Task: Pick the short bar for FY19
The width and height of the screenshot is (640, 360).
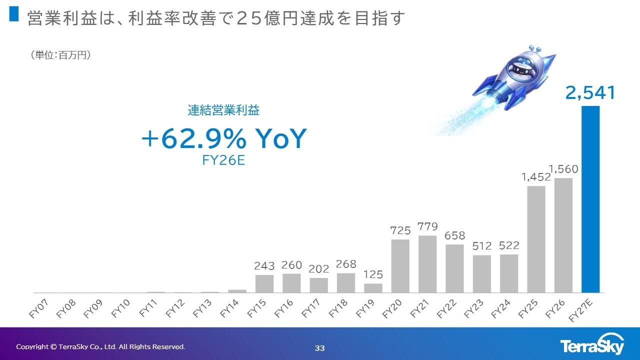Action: point(373,288)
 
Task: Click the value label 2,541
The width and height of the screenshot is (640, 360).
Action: point(590,93)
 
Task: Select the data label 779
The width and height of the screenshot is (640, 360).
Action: point(427,226)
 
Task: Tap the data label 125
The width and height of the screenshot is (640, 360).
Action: point(373,274)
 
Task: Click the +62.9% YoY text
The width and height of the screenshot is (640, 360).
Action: point(223,139)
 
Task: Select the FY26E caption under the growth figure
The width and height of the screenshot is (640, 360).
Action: point(223,161)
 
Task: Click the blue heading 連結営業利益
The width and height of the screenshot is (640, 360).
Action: point(223,110)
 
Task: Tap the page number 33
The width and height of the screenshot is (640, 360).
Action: point(320,348)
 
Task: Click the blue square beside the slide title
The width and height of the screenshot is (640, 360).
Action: point(14,15)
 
